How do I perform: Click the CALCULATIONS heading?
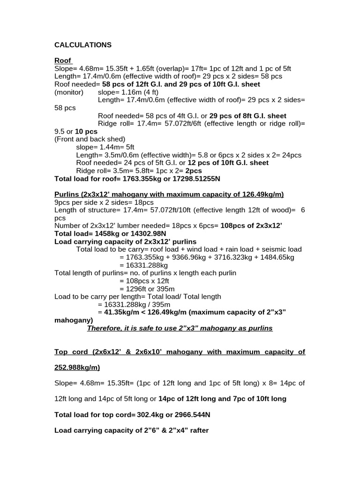pyautogui.click(x=83, y=45)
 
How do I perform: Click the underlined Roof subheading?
pyautogui.click(x=63, y=60)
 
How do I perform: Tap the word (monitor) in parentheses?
pyautogui.click(x=69, y=92)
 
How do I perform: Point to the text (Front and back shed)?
pyautogui.click(x=90, y=139)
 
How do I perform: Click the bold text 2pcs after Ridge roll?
pyautogui.click(x=194, y=171)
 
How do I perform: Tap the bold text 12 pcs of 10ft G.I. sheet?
pyautogui.click(x=228, y=163)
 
